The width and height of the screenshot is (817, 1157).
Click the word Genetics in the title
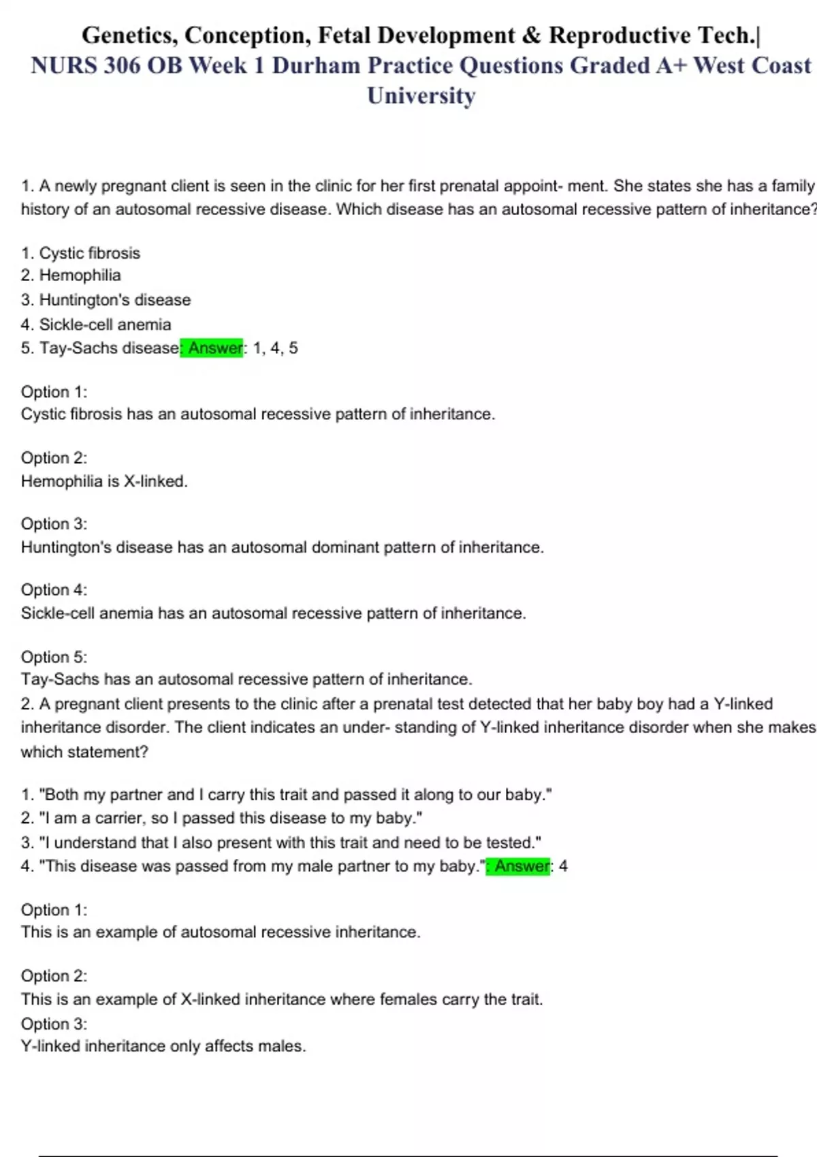pyautogui.click(x=127, y=35)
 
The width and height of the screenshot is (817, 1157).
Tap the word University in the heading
pyautogui.click(x=421, y=95)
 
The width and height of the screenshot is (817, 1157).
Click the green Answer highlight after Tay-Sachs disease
pyautogui.click(x=212, y=348)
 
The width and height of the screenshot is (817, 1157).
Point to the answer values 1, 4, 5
pyautogui.click(x=275, y=348)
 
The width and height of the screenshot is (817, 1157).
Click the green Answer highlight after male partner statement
pyautogui.click(x=519, y=866)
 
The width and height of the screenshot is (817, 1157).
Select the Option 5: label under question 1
pyautogui.click(x=54, y=657)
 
